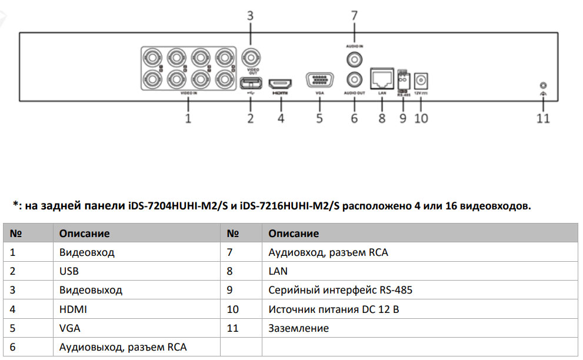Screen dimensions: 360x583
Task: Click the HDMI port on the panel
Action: pos(281,83)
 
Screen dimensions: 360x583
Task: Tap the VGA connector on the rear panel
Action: pos(319,81)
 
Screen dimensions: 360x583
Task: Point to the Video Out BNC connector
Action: pos(251,58)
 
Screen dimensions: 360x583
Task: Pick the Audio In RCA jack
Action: pos(354,59)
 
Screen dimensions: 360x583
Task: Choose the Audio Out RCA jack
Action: pos(354,79)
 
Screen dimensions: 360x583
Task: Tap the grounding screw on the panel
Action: pos(542,86)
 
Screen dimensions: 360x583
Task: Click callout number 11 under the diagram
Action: pos(542,118)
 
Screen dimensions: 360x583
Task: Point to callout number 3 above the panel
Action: pos(250,16)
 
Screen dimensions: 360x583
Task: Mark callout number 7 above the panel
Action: pos(354,16)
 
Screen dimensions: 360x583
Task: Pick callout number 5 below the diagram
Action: pos(319,118)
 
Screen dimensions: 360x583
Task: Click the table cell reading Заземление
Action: pos(298,328)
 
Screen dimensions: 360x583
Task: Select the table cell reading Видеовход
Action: pos(86,252)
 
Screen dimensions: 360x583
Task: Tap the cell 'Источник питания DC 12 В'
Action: pos(334,309)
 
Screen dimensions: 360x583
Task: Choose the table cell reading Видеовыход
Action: pos(91,291)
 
